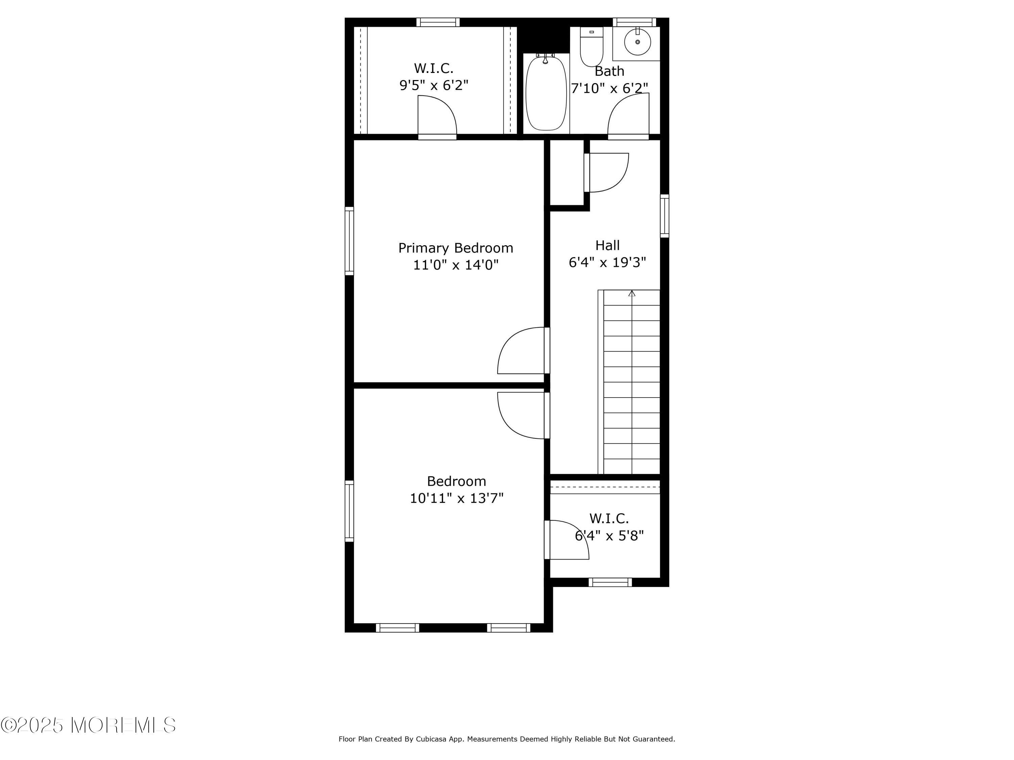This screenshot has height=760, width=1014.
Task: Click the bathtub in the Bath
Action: click(546, 93)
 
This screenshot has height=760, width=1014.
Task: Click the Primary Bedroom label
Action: click(455, 248)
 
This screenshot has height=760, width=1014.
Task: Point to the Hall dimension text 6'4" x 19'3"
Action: click(607, 262)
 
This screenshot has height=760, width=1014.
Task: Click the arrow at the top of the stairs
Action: click(632, 294)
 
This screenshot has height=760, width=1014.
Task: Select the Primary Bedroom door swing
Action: click(523, 351)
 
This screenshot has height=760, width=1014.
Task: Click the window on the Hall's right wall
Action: click(664, 216)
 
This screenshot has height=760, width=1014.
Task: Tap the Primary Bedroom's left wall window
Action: click(349, 241)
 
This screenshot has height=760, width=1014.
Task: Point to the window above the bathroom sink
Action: click(634, 22)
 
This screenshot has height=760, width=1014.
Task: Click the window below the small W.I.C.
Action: click(610, 582)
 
